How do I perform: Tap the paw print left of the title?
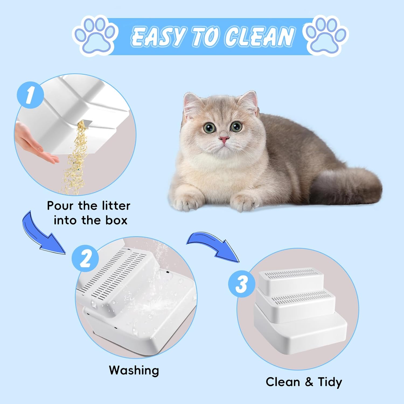[96, 36]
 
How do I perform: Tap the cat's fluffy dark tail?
[347, 186]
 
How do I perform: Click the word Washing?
[134, 370]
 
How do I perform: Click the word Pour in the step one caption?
[60, 206]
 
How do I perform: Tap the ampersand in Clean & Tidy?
[309, 382]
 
